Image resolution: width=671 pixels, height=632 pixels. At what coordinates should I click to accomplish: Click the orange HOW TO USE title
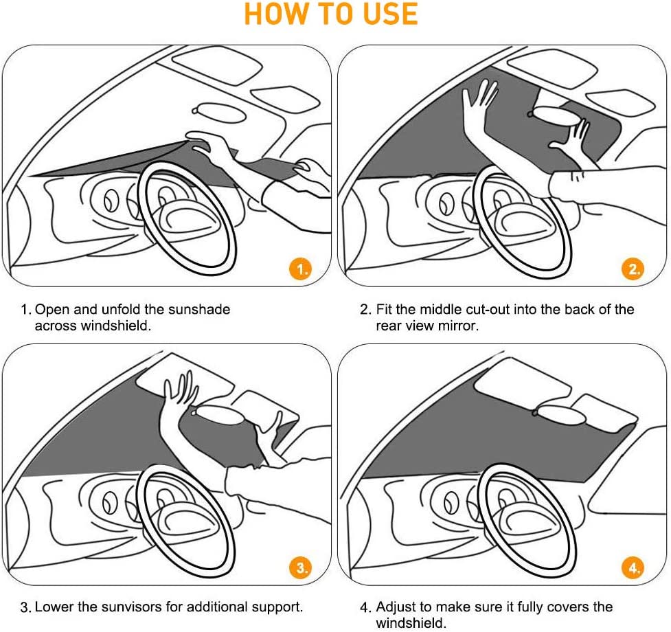331,14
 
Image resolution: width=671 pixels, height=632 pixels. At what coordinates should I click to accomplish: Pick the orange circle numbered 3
300,567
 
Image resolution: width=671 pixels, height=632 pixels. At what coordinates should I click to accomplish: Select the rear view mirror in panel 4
560,412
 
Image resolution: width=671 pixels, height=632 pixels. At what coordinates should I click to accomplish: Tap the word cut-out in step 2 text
488,309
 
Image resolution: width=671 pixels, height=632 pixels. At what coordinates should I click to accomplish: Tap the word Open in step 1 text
49,309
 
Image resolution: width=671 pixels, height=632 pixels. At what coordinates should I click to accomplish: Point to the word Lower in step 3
54,607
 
